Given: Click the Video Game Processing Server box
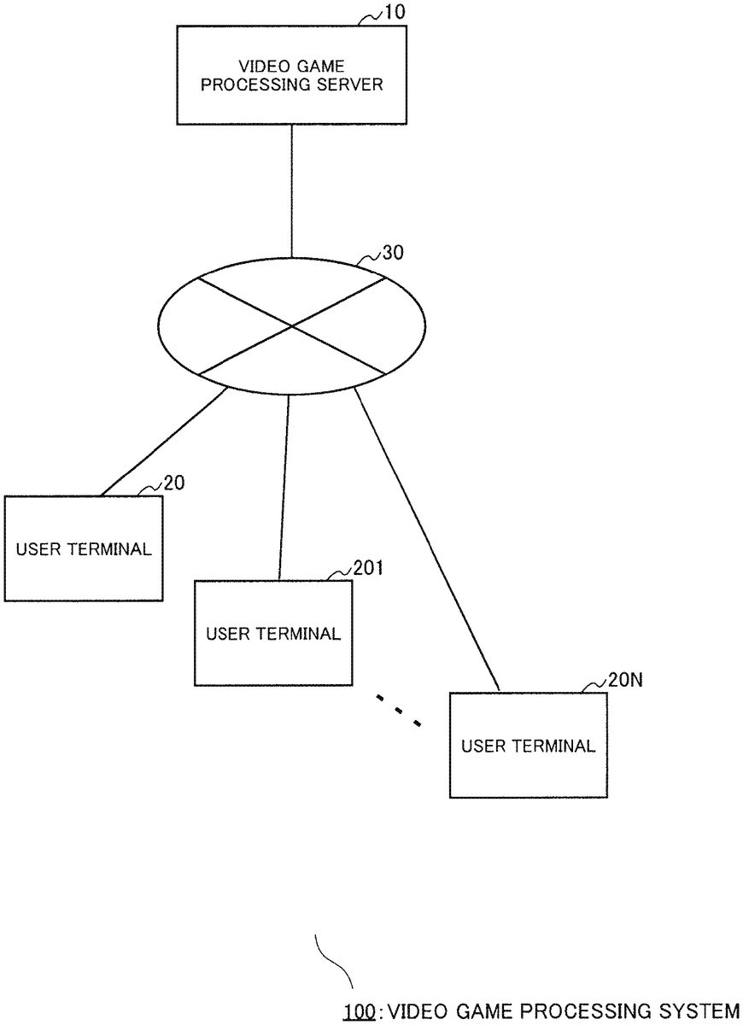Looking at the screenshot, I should click(292, 75).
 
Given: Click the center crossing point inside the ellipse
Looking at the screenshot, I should click(292, 325).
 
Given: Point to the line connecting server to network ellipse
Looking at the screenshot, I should click(292, 190).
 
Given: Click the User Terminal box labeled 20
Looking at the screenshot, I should click(83, 548).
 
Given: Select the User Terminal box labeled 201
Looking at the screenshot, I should click(272, 633).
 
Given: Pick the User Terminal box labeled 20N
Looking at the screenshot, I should click(528, 745).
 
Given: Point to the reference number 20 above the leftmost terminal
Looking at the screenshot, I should click(174, 483).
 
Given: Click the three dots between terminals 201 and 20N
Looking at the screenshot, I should click(398, 711).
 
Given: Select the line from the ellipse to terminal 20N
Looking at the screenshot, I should click(425, 538).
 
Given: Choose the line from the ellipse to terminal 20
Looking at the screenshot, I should click(165, 442).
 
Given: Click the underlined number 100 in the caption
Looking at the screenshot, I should click(359, 1012).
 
